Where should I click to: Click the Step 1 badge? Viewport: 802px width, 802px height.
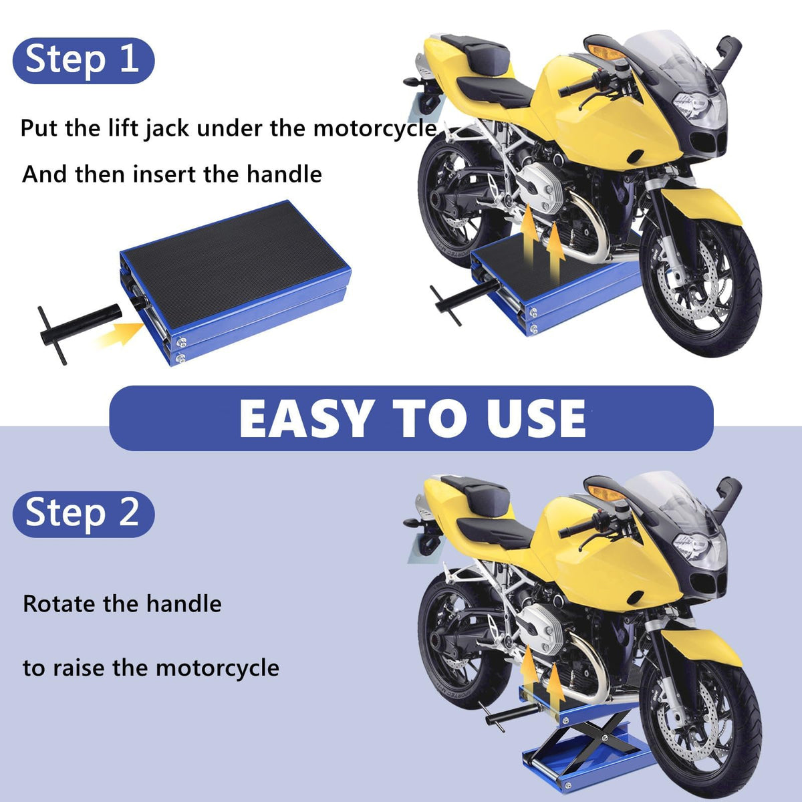pyautogui.click(x=84, y=61)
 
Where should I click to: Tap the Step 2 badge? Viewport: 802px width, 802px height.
pyautogui.click(x=84, y=515)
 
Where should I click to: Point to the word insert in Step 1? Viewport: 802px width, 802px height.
pyautogui.click(x=164, y=174)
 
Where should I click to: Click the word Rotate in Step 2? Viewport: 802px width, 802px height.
pyautogui.click(x=59, y=604)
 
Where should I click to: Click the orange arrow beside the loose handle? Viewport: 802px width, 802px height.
pyautogui.click(x=118, y=333)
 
